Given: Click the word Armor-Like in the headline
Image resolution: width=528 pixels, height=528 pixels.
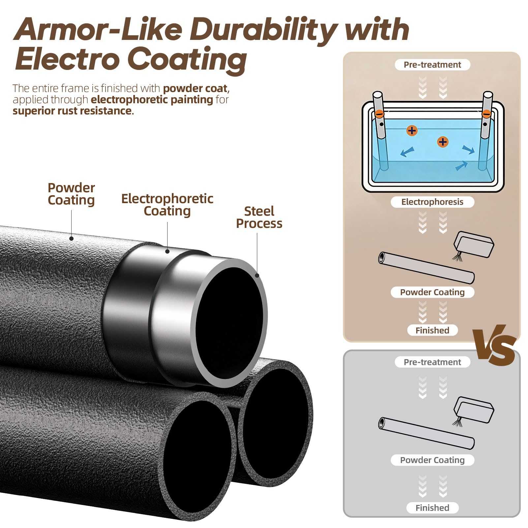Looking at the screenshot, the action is coord(98,30).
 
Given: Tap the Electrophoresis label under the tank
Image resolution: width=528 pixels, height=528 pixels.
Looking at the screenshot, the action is coord(432,202).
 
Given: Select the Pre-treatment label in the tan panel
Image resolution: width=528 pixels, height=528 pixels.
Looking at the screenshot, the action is coord(432,65).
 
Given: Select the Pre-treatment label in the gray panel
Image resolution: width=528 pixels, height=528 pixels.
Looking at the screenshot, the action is coord(432,362).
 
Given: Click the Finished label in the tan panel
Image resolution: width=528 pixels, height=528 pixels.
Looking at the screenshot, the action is coord(432,330).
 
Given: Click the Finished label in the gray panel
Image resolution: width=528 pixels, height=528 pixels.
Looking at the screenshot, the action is coord(432,508).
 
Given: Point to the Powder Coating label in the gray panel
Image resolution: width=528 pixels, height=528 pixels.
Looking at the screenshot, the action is coord(432,460).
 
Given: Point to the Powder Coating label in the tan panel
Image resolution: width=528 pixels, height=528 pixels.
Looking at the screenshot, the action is coord(432,292).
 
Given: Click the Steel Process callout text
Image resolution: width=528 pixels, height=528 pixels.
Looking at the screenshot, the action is coord(259,217).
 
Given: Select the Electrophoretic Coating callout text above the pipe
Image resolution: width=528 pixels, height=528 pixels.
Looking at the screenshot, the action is coord(167,205).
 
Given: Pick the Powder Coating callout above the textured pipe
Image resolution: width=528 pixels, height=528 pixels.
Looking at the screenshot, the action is coord(71,194).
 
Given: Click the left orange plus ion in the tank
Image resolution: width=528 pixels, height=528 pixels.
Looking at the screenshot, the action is coord(412,131).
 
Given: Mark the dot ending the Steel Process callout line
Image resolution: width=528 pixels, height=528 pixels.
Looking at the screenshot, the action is coord(257,275).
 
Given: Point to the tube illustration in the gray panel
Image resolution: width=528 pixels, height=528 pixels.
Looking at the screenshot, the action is coord(426,433).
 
